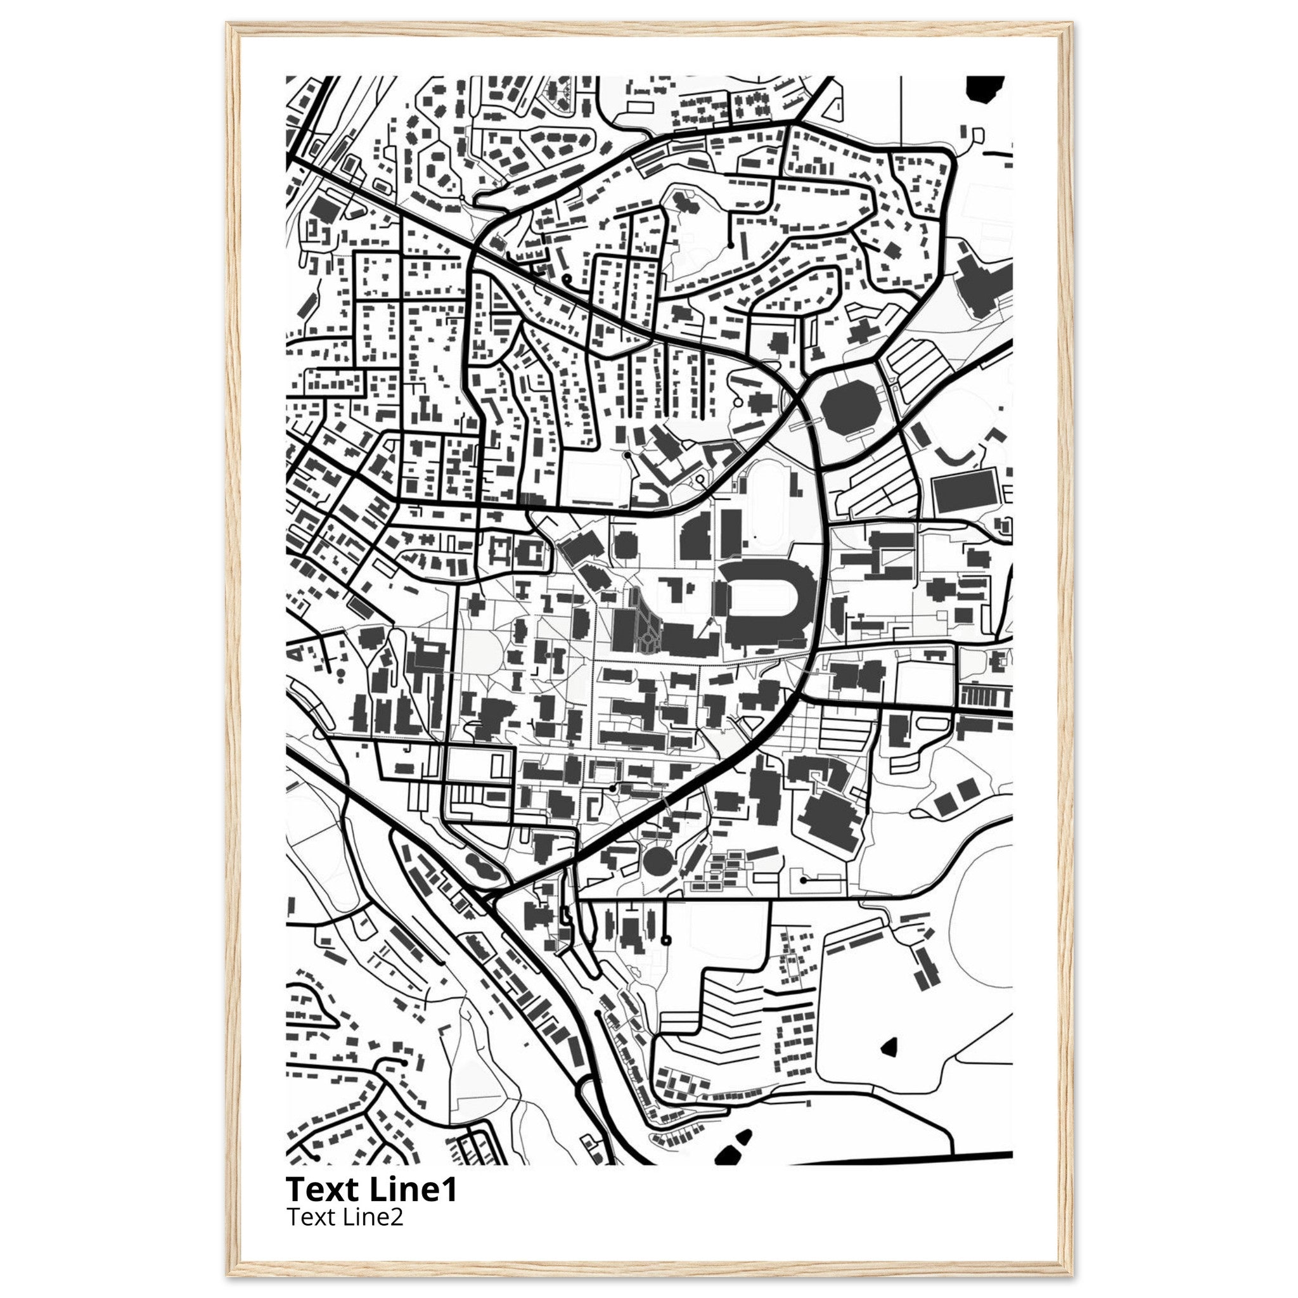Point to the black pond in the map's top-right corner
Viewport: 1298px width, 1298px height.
pos(984,88)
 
